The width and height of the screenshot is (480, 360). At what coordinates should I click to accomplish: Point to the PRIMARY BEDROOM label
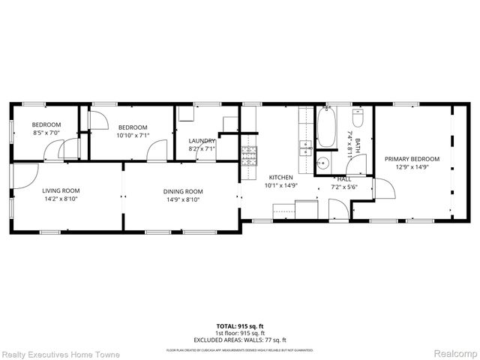412,158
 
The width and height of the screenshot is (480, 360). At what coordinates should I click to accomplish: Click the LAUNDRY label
202,140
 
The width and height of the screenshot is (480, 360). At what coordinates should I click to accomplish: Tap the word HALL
344,178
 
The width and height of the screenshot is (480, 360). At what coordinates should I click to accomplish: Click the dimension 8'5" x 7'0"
46,133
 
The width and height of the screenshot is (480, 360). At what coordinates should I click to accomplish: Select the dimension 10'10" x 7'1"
133,136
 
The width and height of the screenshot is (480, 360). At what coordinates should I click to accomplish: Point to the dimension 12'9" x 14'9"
412,167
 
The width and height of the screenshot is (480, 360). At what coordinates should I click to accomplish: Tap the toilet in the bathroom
357,118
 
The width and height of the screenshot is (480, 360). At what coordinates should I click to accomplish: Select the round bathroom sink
322,162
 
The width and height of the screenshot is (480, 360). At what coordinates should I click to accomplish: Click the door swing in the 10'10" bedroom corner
97,118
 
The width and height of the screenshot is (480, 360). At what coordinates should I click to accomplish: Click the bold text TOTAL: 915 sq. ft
240,326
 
